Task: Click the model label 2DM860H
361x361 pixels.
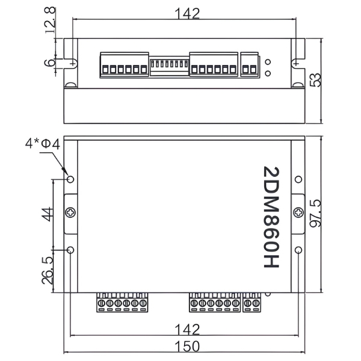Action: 272,217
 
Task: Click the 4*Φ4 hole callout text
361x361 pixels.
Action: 42,144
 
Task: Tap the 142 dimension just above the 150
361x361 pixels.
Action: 188,329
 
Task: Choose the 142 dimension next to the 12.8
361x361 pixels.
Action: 188,13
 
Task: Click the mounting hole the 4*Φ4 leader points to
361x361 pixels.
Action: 70,179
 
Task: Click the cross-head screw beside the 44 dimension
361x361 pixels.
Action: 71,212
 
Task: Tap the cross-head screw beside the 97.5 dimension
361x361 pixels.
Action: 299,212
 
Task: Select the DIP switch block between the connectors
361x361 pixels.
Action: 169,64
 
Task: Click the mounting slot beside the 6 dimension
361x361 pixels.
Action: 72,62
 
